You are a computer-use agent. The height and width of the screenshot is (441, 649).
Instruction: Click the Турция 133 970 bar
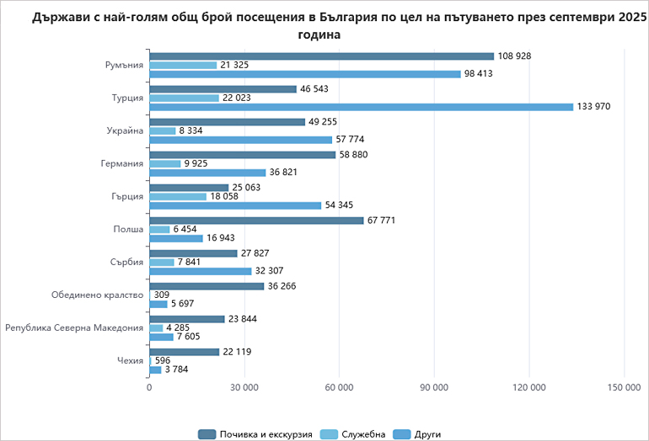point(360,107)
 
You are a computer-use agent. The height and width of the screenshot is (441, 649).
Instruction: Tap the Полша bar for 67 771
point(256,220)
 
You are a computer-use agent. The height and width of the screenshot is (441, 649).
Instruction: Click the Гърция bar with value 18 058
point(178,196)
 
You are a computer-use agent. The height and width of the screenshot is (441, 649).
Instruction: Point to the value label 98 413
point(478,74)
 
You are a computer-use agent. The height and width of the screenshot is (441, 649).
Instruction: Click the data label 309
point(162,295)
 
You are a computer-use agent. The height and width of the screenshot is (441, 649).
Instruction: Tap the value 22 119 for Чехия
point(239,352)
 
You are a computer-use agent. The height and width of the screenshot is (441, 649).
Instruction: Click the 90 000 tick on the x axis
point(434,386)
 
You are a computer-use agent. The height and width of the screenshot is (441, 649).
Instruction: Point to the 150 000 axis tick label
point(624,386)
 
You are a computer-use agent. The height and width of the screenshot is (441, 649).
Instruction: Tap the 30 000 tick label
point(244,386)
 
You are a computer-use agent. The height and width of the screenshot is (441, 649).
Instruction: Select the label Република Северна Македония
point(74,327)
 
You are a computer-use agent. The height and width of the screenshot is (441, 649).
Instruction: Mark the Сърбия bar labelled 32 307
point(201,271)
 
